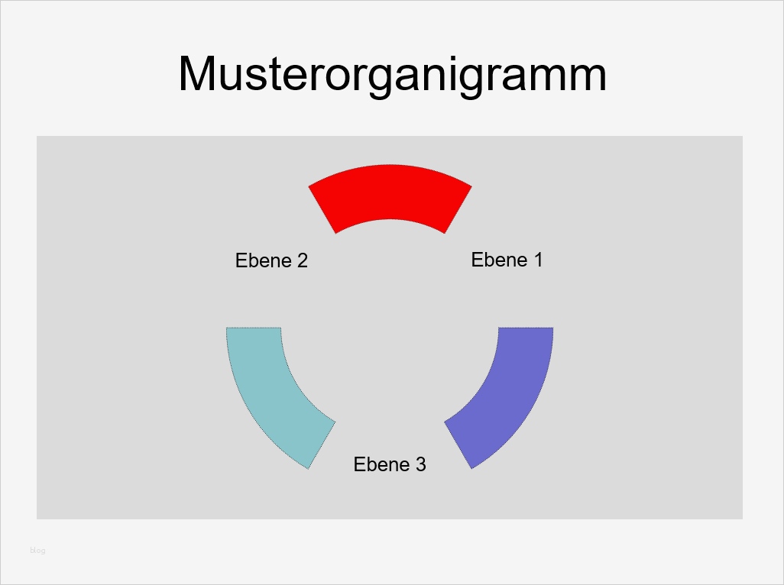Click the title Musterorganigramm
[392, 75]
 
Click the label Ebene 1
[507, 260]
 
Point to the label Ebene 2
[271, 260]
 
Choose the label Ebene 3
[390, 464]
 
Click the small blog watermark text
[37, 551]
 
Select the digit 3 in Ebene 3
[420, 464]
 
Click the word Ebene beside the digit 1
[499, 260]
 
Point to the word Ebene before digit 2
[264, 260]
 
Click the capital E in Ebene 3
[359, 464]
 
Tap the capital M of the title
[198, 75]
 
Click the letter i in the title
[455, 75]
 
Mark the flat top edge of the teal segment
[254, 328]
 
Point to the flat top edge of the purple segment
[526, 328]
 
